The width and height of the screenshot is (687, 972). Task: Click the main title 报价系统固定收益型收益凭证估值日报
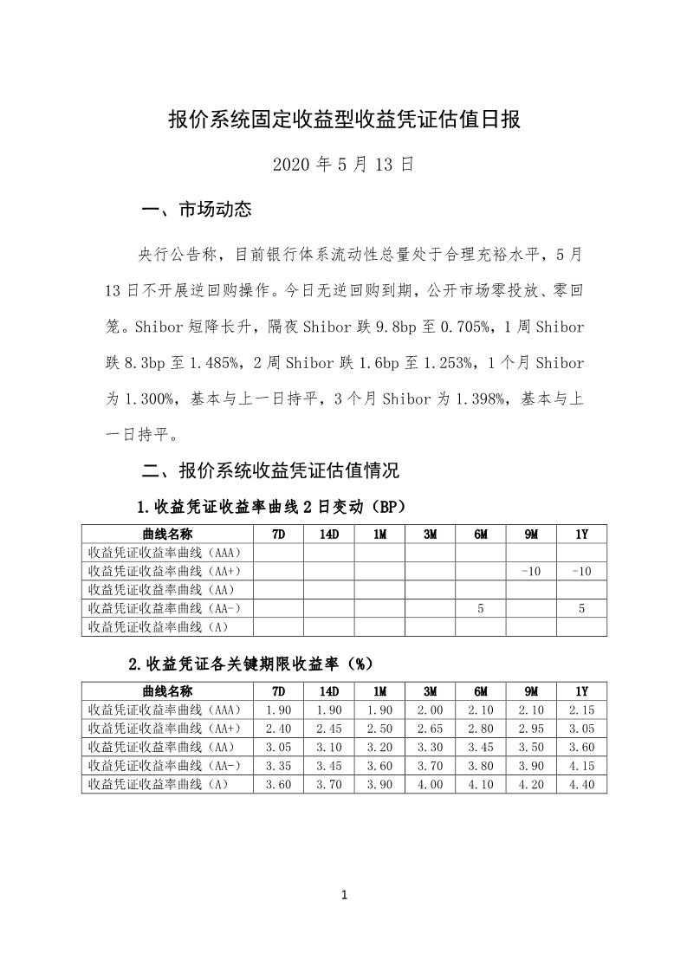point(344,120)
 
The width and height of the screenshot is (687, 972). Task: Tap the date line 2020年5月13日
point(343,164)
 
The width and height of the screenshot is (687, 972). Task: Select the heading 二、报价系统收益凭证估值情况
point(269,471)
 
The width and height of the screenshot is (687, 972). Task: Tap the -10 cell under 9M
point(531,572)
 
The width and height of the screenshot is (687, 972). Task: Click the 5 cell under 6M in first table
point(480,609)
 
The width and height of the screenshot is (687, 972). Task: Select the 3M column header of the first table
point(430,535)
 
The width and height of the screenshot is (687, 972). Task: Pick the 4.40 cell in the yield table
point(581,784)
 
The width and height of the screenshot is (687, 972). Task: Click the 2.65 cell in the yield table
point(430,729)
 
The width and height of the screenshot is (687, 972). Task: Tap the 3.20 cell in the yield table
point(379,747)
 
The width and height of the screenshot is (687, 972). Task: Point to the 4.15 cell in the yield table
point(581,766)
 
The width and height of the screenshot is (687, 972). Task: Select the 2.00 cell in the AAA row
point(430,710)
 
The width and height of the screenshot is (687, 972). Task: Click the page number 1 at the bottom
point(344,895)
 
